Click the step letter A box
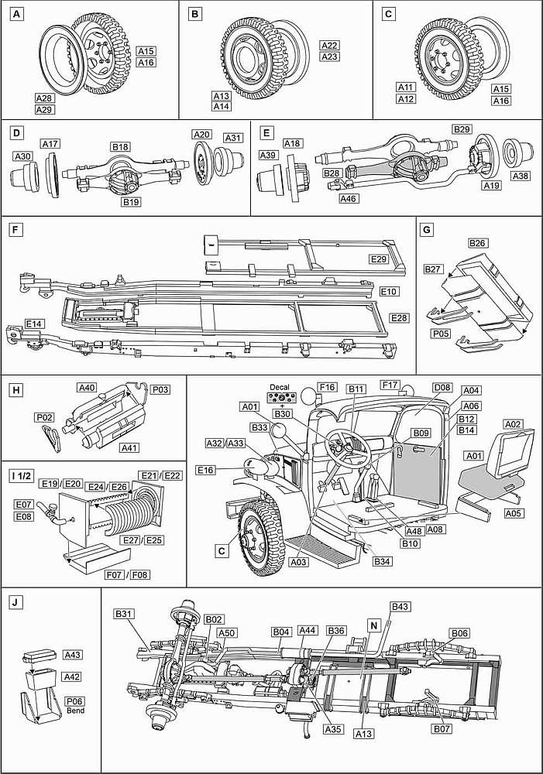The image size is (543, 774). click(x=14, y=14)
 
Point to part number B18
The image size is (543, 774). click(x=120, y=146)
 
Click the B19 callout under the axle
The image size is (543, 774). click(x=131, y=203)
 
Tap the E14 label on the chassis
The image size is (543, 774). click(x=34, y=321)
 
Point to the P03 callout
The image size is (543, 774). click(x=160, y=390)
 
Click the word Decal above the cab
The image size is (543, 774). click(x=279, y=386)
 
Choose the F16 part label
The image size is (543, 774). click(x=328, y=385)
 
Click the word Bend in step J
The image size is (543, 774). click(x=75, y=711)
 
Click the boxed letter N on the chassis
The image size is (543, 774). click(x=374, y=625)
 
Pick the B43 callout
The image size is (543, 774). click(x=400, y=606)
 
